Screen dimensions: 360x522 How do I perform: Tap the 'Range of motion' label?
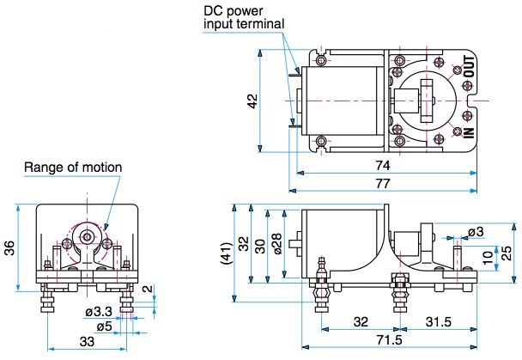click(x=73, y=167)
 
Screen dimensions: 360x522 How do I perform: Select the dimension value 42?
click(x=252, y=101)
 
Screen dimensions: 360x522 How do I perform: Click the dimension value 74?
click(x=383, y=163)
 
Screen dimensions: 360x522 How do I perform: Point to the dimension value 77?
click(x=383, y=182)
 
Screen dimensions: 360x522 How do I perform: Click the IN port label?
click(x=469, y=131)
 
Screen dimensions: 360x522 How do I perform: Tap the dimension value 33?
click(x=88, y=341)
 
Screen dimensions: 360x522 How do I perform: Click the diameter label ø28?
click(x=276, y=243)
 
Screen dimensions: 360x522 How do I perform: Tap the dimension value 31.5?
click(x=440, y=321)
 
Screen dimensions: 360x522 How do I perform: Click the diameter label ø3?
click(x=475, y=231)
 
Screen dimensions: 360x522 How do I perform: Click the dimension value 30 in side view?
click(x=261, y=247)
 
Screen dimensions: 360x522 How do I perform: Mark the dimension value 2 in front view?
click(x=146, y=289)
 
